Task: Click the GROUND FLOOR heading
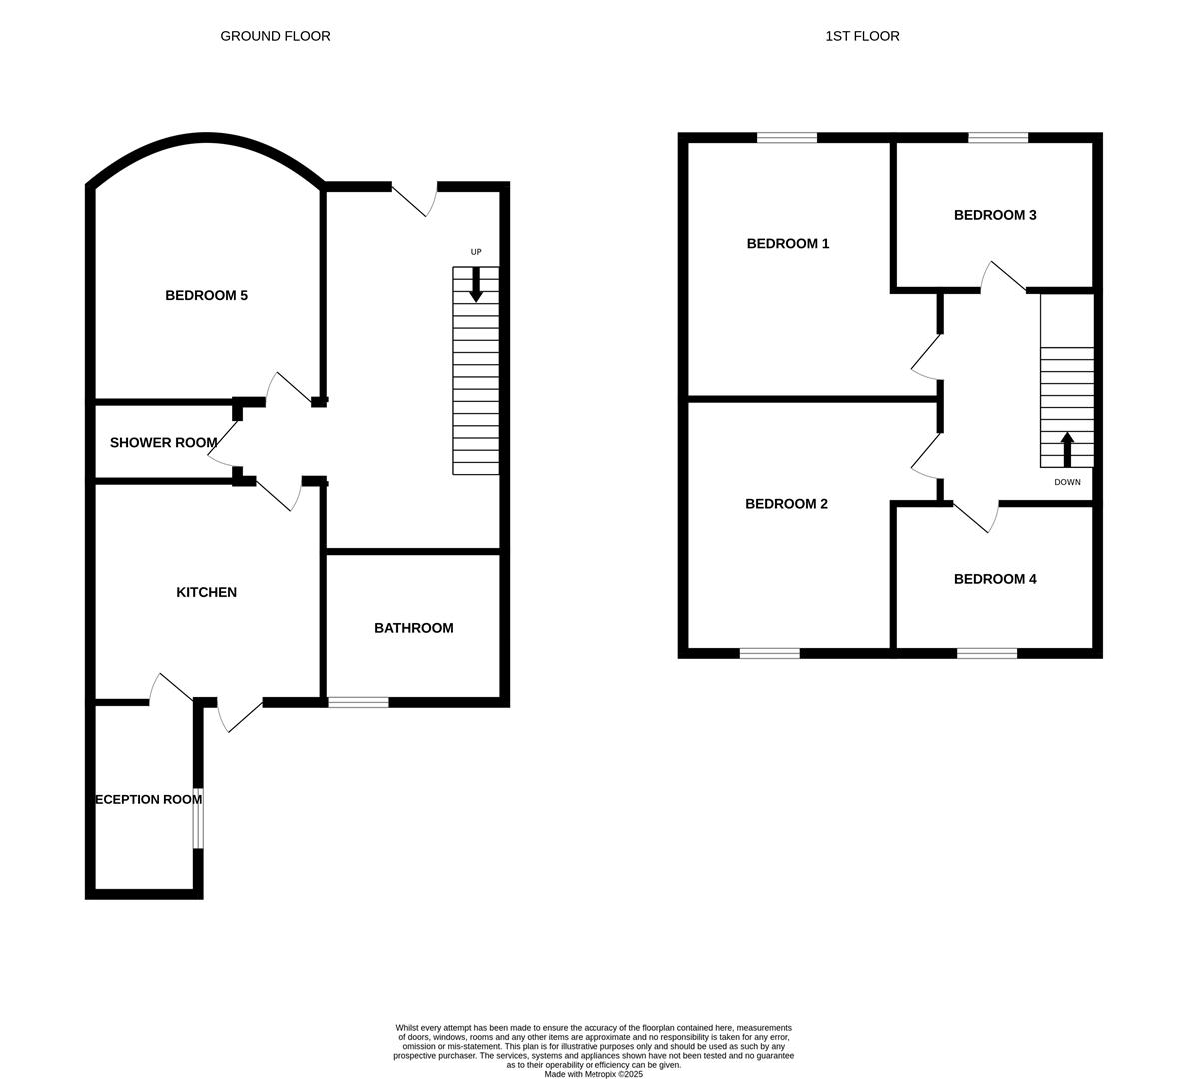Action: [275, 36]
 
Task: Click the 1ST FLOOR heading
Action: [862, 36]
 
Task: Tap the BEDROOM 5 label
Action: [206, 295]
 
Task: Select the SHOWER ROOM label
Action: [163, 442]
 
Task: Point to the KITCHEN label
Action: [206, 592]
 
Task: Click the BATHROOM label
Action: [413, 628]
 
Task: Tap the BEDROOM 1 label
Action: [788, 243]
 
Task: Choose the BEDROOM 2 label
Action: [786, 504]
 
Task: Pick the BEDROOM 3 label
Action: [994, 215]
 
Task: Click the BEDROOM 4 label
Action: [994, 579]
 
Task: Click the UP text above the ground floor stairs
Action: [476, 252]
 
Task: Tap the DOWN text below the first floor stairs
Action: [1067, 482]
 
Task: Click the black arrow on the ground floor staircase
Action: [476, 285]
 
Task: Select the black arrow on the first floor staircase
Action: [1067, 449]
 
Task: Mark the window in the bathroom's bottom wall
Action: [358, 702]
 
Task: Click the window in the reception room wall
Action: [198, 818]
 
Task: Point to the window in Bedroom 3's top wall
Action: [997, 138]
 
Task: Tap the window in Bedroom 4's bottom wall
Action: [987, 653]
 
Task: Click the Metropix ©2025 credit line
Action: [593, 1074]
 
